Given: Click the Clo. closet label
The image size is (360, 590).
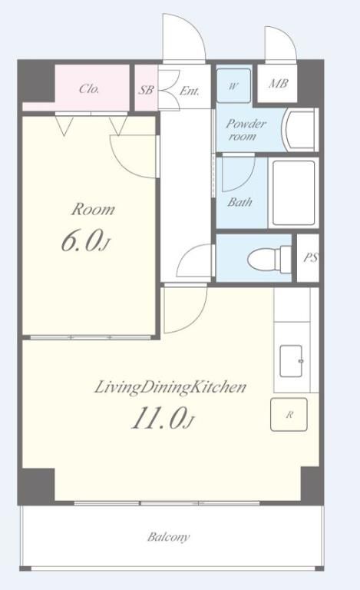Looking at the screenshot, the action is (x=89, y=89).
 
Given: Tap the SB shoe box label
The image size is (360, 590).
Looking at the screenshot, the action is (x=146, y=90).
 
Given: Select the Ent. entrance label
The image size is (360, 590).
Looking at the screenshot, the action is (x=190, y=91).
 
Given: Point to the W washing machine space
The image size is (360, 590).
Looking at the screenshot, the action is (x=233, y=86).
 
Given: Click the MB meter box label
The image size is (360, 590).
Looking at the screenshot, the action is (x=278, y=83).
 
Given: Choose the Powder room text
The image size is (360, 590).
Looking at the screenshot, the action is (x=246, y=129).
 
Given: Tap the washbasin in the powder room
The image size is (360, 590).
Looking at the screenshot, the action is (x=300, y=130).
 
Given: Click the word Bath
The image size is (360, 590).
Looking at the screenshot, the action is (x=239, y=202).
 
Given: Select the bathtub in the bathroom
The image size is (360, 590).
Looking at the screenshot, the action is (x=293, y=193).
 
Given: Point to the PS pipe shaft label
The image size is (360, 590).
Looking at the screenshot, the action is (x=311, y=257).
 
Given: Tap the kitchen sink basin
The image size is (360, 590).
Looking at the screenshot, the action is (x=292, y=361).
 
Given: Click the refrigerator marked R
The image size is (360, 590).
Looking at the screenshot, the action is (x=289, y=415).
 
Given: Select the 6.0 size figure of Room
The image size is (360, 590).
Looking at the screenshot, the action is (x=85, y=241).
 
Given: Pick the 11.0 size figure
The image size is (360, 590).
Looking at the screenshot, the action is (x=162, y=419).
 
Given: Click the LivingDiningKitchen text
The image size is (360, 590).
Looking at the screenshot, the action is (x=170, y=387).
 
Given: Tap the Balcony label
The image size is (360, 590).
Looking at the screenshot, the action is (x=168, y=536).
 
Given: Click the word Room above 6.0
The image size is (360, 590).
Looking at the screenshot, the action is (x=93, y=209).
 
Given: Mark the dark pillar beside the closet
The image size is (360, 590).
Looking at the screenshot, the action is (x=36, y=81).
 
